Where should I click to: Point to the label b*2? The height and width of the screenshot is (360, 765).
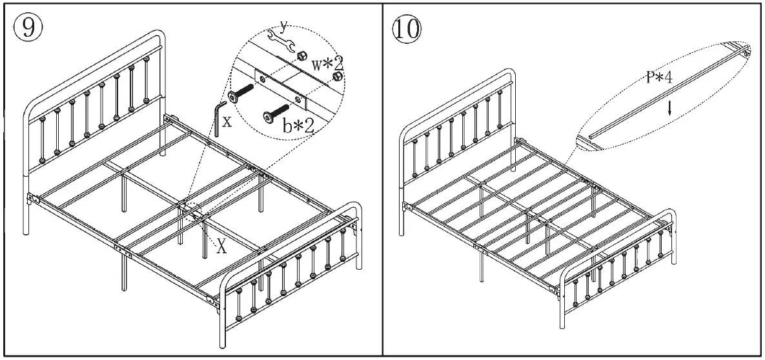[298, 125]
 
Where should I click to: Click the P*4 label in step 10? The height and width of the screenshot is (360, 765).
[660, 79]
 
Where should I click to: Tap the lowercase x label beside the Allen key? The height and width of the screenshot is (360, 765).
[226, 121]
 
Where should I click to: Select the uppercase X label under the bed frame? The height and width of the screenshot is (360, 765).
[221, 247]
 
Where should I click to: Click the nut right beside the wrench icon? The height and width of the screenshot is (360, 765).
[300, 57]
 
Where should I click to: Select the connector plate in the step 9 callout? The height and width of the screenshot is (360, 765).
[281, 88]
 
